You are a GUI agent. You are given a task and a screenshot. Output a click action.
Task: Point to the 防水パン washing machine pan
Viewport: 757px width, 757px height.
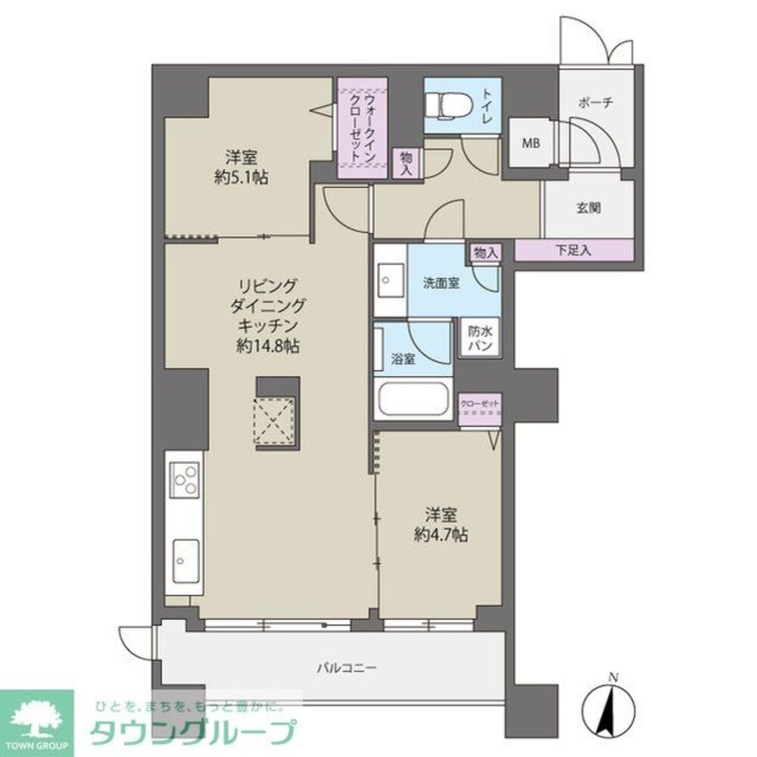coord(481,338)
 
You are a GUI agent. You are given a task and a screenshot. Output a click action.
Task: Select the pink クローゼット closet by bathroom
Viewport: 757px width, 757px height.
coord(481,409)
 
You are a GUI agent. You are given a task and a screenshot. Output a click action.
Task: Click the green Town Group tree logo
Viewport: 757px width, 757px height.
coord(36,716)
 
